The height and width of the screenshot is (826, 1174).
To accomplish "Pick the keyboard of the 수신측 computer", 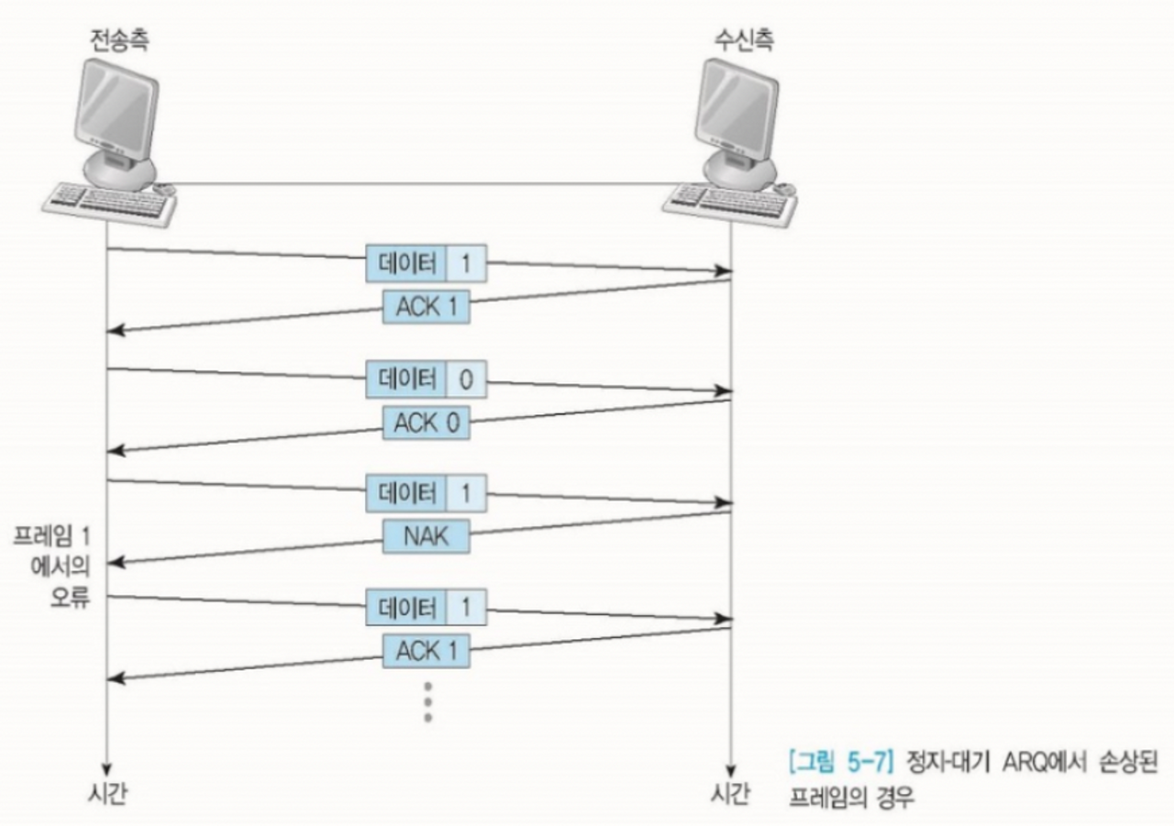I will pos(730,204).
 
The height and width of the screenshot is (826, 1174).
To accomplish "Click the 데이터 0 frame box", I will pos(426,380).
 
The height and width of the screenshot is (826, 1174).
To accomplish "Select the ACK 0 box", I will pos(426,423).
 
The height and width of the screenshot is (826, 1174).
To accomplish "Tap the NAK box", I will pos(426,536).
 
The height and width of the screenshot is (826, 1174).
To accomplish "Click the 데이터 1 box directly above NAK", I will pos(426,491).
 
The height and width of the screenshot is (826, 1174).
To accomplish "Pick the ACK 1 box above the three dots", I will pos(426,651).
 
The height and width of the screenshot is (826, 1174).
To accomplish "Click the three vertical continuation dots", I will pos(426,701).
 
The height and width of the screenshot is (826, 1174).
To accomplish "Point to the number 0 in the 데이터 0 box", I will pos(466,380).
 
